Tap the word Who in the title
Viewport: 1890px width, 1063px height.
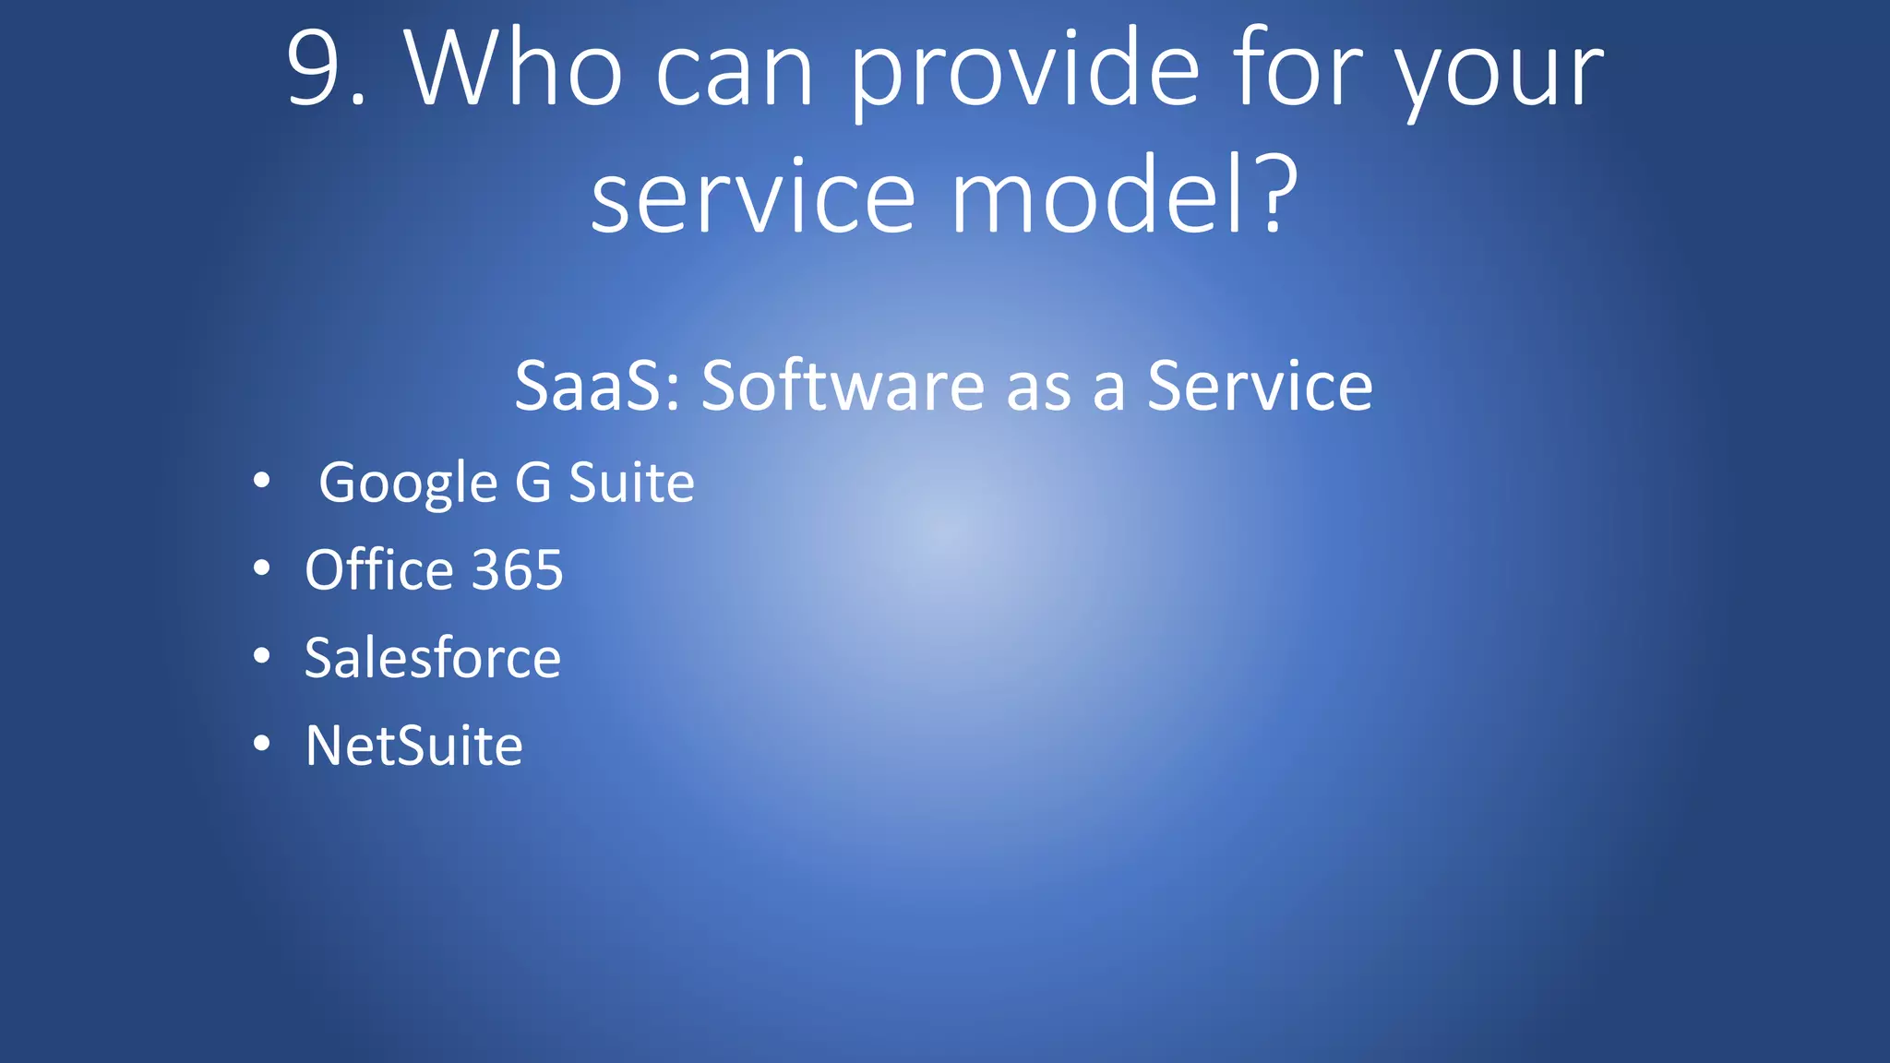(x=513, y=69)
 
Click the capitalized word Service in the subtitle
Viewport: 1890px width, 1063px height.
(x=1260, y=385)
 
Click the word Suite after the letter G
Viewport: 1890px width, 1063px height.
(x=631, y=482)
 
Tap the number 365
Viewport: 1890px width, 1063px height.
(x=517, y=569)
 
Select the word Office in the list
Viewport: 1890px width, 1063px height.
(x=378, y=569)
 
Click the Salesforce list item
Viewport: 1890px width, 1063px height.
(x=432, y=657)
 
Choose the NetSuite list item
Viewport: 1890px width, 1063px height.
(x=413, y=745)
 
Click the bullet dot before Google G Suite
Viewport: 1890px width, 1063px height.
(x=262, y=480)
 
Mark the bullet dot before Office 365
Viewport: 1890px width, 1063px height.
(x=262, y=568)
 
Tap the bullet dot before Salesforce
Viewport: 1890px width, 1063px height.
(x=262, y=656)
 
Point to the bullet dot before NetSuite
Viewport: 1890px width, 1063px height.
(x=262, y=743)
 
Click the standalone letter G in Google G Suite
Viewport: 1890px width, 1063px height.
(x=533, y=482)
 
